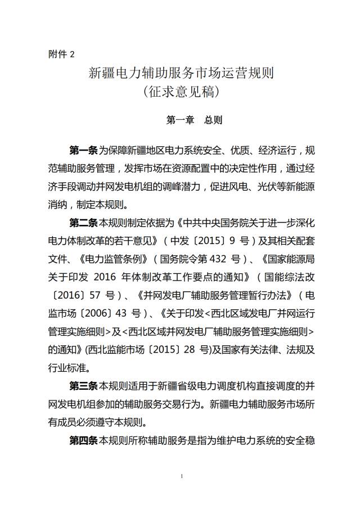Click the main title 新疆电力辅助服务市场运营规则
181,73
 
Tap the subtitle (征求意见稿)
181,91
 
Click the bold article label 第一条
83,151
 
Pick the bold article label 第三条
83,387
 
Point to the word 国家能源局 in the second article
287,260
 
